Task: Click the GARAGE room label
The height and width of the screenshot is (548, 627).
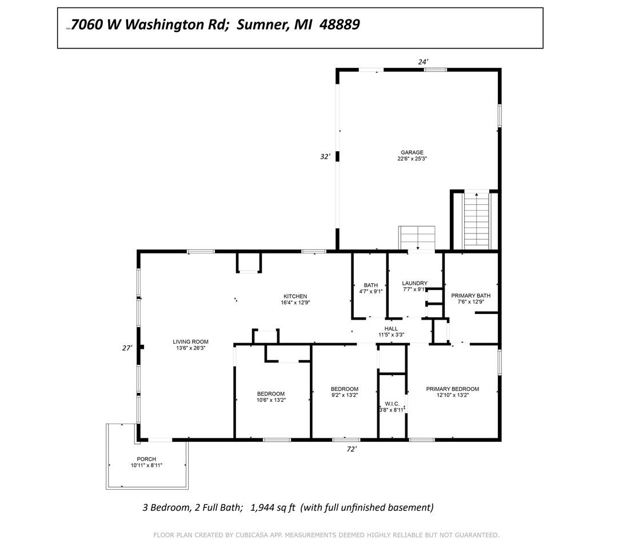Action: (412, 152)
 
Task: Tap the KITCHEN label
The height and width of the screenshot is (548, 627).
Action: (295, 296)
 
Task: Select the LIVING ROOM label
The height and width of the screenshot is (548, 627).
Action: (190, 342)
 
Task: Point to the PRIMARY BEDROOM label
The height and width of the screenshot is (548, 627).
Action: (452, 389)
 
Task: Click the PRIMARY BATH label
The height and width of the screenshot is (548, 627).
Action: (470, 296)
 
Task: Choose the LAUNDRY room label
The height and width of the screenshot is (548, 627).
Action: (415, 283)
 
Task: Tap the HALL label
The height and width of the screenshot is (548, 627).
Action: (391, 329)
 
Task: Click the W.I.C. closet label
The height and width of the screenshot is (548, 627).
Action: (392, 404)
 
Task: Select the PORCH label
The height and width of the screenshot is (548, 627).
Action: (146, 459)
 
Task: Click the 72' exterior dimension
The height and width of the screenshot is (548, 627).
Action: (352, 449)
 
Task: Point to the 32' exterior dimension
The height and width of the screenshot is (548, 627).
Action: (325, 156)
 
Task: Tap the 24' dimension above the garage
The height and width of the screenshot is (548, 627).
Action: (423, 62)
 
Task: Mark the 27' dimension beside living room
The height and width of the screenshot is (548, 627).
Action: (127, 348)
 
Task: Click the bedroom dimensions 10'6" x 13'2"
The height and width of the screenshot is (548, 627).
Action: (271, 400)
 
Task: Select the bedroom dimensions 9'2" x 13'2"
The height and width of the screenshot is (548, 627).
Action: (344, 395)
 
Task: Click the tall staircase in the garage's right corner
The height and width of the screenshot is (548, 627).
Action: (477, 221)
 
